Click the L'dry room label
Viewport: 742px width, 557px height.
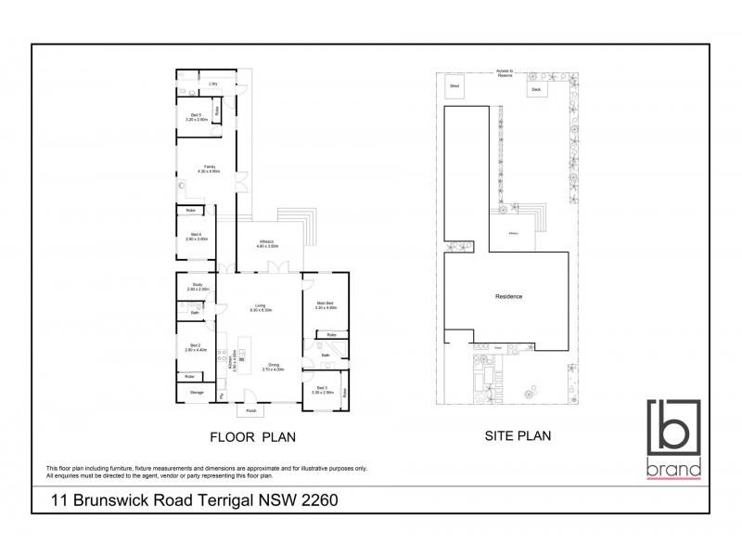212,84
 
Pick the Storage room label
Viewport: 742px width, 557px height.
197,393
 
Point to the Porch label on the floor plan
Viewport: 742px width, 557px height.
250,410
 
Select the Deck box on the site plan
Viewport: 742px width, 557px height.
535,89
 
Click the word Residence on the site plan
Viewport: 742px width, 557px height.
508,297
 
